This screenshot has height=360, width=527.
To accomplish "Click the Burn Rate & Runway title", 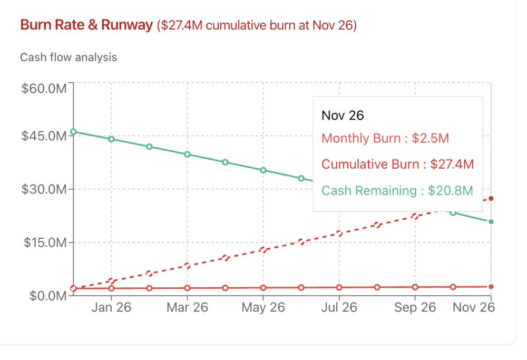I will coord(86,25).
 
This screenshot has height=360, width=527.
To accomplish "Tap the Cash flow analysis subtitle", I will coord(69,57).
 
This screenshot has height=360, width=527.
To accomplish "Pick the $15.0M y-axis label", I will coord(44,243).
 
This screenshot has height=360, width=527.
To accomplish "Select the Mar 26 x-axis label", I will coord(187,308).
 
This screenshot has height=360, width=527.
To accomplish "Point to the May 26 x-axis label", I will coord(263,308).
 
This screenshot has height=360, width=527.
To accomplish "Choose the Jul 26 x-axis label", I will coord(339,308).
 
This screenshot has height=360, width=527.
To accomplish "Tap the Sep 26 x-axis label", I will coord(415,308).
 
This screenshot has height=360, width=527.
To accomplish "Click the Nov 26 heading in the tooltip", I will coord(343,115).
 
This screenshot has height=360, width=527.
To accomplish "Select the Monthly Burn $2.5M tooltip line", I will coord(385,139).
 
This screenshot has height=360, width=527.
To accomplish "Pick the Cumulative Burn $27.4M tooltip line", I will coord(397,164).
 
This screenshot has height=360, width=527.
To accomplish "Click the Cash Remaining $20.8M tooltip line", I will coord(397,190).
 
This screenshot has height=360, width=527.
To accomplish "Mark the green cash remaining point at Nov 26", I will coord(491,221).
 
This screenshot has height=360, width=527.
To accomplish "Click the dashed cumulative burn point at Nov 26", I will coord(491,199).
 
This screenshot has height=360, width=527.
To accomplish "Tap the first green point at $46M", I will coord(73,132).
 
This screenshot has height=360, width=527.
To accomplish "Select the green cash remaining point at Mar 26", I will coord(187,154).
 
